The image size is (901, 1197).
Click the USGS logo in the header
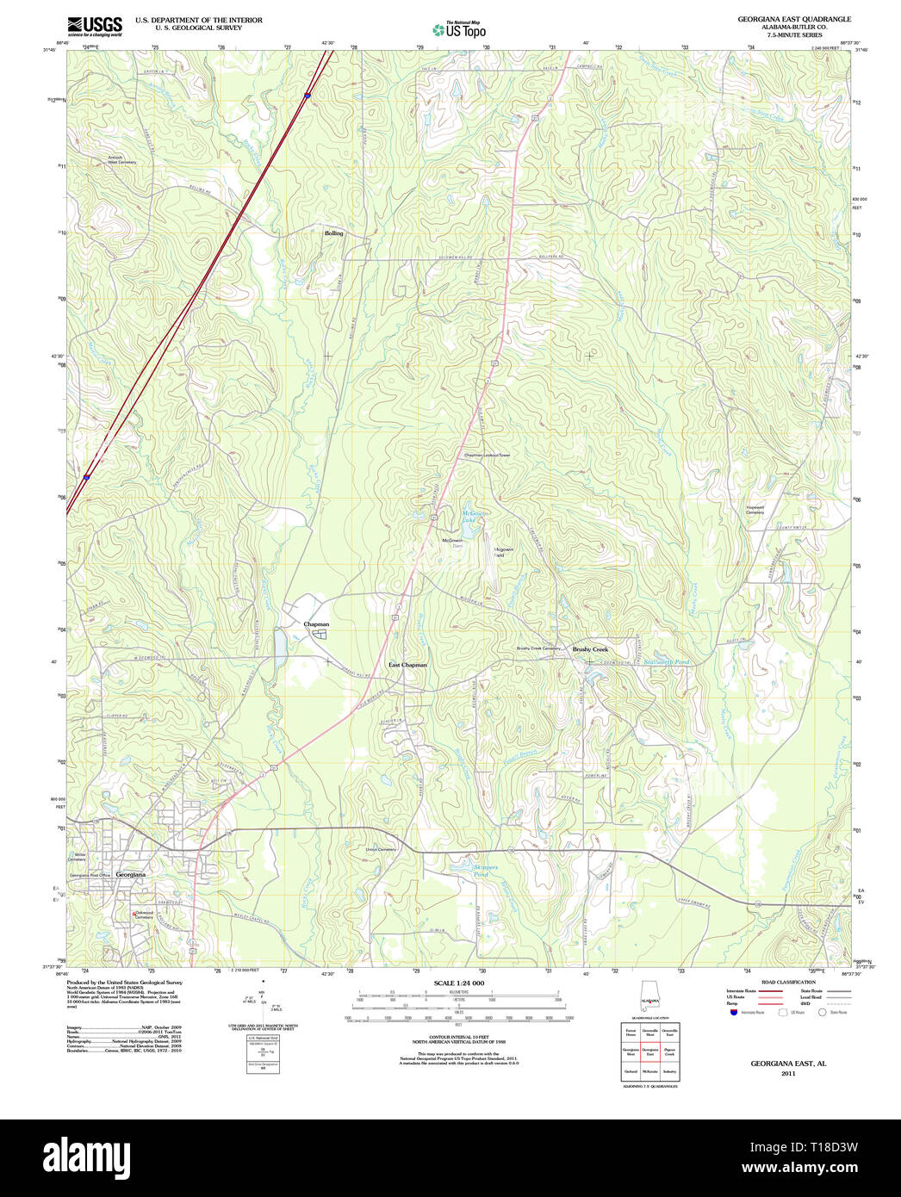click(x=95, y=26)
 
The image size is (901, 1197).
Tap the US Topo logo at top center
click(x=459, y=30)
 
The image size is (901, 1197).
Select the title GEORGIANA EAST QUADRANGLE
click(x=793, y=19)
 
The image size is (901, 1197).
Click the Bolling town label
click(x=333, y=233)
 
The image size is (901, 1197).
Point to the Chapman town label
click(x=316, y=623)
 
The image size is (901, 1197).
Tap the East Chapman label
click(x=407, y=665)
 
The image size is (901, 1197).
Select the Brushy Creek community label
click(x=590, y=649)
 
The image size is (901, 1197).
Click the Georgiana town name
click(x=130, y=874)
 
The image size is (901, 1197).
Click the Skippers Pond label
click(x=481, y=871)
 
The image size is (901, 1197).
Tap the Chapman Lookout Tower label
click(x=488, y=455)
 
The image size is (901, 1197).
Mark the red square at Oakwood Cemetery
click(x=134, y=914)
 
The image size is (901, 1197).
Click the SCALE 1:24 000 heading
click(x=458, y=983)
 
